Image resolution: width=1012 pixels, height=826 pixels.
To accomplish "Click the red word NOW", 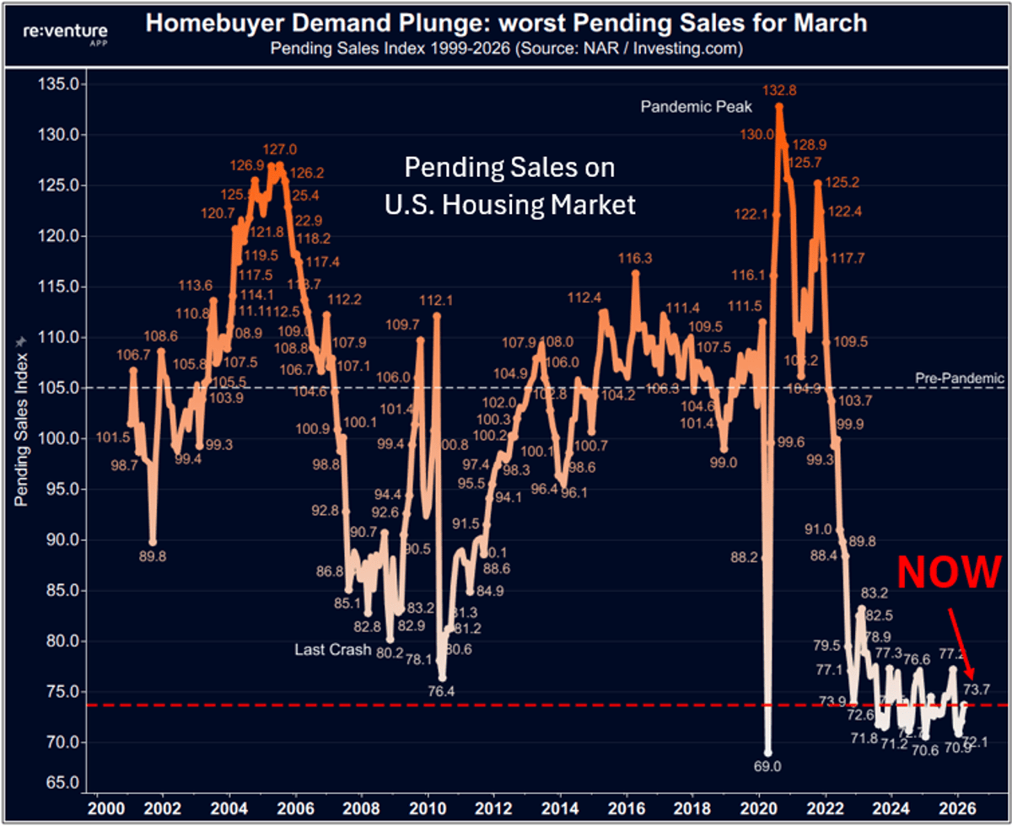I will tap(949, 572).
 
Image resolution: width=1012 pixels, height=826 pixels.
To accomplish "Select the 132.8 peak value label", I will tap(779, 90).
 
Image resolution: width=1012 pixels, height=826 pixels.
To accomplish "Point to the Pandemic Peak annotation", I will tap(696, 107).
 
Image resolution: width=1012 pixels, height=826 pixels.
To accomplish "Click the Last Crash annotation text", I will tap(333, 650).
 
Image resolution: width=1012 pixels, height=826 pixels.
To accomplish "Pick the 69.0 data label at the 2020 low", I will tap(767, 767).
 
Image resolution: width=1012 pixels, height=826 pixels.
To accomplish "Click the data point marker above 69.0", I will tap(767, 752).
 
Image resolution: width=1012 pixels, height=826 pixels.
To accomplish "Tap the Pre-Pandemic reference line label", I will tap(961, 378).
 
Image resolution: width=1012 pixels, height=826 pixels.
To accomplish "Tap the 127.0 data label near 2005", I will tap(280, 150).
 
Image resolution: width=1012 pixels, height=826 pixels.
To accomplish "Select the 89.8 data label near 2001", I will tap(153, 555).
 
